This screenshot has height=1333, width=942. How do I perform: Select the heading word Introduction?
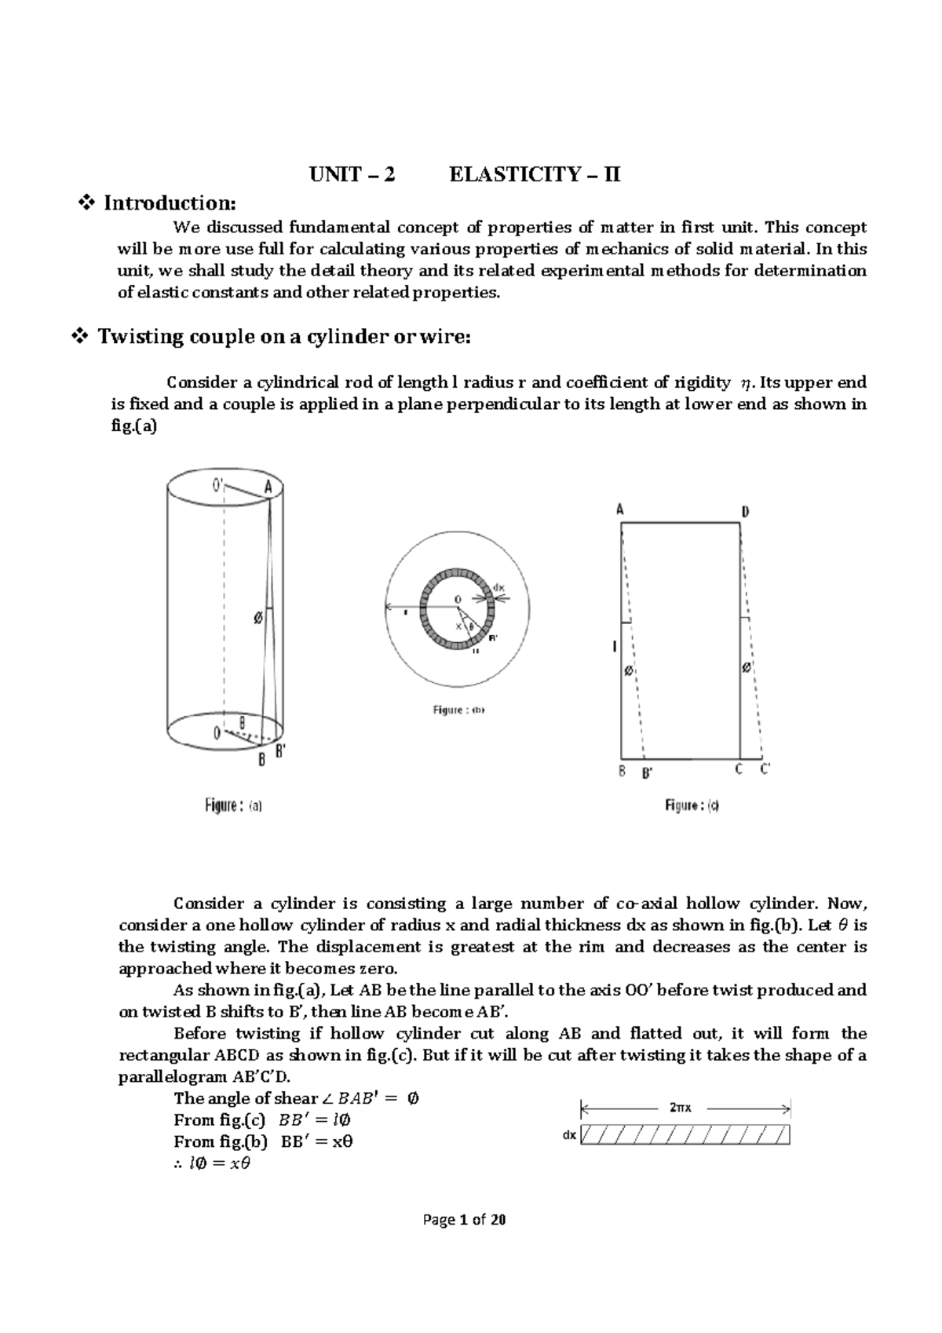coord(169,203)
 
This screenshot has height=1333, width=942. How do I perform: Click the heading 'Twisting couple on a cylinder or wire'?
coord(283,337)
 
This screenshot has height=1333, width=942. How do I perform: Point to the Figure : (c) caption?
coord(692,805)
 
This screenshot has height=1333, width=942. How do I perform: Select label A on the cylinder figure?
coord(268,487)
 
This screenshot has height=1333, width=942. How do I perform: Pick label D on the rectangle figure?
coord(745,511)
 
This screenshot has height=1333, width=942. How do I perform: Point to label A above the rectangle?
coord(619,509)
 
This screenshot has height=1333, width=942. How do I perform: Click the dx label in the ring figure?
coord(499,586)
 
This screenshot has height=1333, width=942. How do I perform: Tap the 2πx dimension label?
coord(681,1108)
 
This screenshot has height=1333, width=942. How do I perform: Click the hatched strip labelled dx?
coord(685,1135)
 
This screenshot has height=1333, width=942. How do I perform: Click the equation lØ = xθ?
coord(211,1163)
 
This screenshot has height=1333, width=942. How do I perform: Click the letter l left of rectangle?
coord(615,646)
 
